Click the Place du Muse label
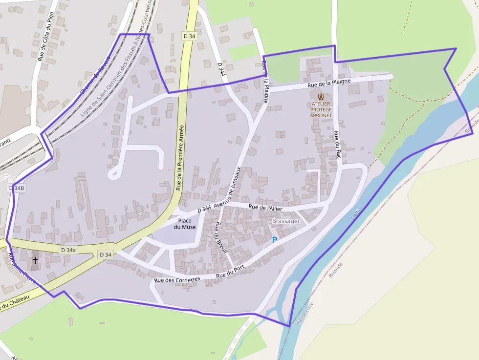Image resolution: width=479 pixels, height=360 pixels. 185,224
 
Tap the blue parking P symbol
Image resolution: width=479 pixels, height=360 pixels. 274,240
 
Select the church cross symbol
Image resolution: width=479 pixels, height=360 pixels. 35,260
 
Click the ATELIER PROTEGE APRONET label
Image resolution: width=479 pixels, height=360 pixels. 321,109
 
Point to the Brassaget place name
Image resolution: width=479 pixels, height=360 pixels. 285,221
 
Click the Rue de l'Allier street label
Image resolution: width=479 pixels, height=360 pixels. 265,208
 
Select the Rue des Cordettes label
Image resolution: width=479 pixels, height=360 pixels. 177,280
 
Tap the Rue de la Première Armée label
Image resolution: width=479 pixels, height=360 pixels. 179,157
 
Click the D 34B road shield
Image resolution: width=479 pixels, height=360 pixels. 16,188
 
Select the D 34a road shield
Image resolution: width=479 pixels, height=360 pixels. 68,250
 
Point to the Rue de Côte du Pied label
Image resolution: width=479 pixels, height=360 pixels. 44,36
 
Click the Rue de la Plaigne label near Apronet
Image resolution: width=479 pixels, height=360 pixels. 329,82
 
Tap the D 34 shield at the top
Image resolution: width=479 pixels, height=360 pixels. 189,36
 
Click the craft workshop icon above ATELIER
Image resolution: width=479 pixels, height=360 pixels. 321,96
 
